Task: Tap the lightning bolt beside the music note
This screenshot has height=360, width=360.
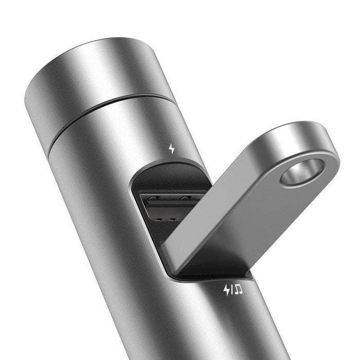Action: coord(226,291)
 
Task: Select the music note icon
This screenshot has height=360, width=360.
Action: coord(239,291)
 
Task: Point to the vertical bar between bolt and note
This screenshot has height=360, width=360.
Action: coord(232,291)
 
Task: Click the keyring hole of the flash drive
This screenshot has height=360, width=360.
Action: coord(302,171)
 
